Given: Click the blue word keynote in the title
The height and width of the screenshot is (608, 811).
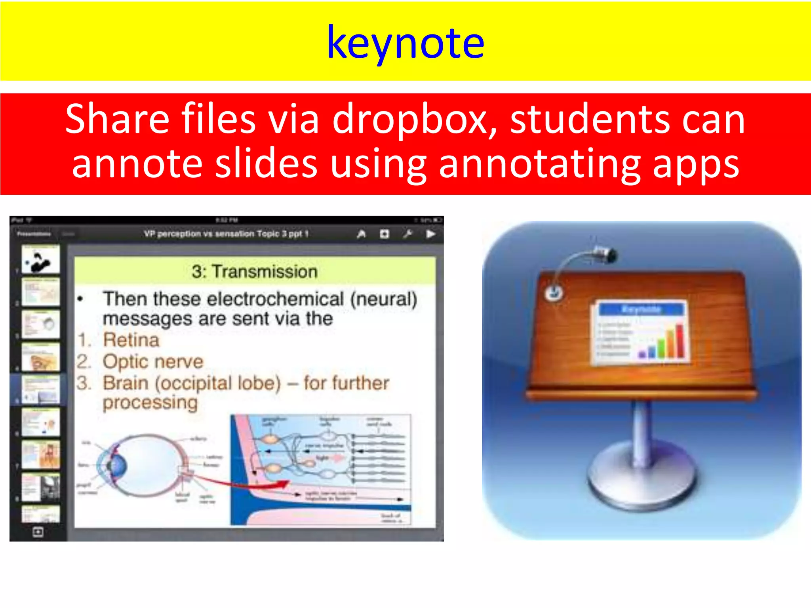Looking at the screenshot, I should click(x=405, y=43).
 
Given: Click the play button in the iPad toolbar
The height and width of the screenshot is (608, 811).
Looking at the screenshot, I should click(x=430, y=234).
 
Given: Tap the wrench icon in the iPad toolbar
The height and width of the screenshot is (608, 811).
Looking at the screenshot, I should click(x=407, y=234).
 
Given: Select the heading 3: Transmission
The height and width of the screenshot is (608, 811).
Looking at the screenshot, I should click(x=255, y=272).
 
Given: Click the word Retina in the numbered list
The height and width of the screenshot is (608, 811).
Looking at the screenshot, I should click(x=131, y=340).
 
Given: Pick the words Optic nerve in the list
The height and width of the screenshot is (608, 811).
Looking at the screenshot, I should click(x=153, y=361).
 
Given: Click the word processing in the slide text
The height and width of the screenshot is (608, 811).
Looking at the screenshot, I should click(x=150, y=403).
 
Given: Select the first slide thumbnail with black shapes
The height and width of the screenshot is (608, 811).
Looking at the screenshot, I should click(x=40, y=260).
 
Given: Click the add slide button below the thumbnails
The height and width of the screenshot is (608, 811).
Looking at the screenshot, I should click(x=38, y=532).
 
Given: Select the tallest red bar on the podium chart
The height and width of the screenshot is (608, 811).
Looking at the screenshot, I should click(x=680, y=341).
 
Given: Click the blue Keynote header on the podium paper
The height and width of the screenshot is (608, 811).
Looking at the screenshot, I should click(x=641, y=309).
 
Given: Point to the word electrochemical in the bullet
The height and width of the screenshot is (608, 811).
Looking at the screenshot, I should click(x=275, y=299).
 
